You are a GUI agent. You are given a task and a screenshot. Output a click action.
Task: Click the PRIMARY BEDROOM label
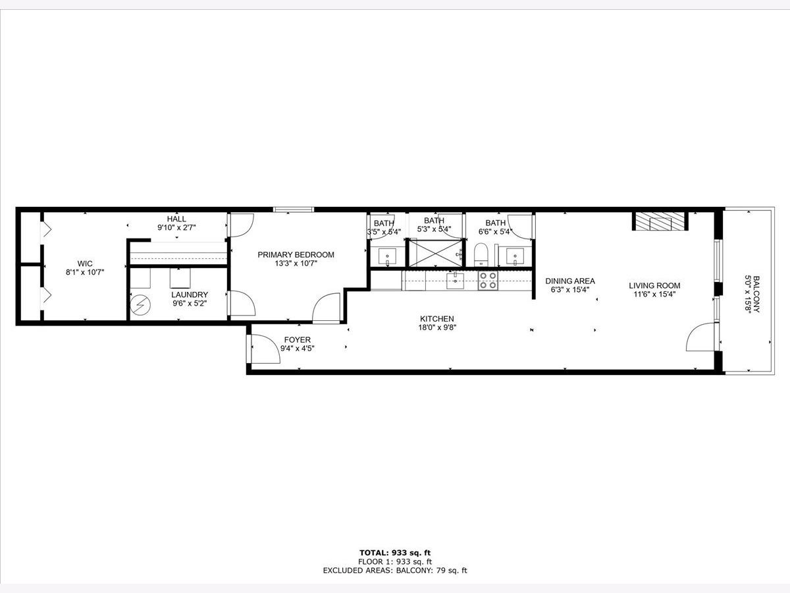pos(296,254)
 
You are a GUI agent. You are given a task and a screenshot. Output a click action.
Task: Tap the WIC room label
pos(85,264)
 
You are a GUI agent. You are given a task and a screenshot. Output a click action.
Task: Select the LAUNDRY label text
pos(190,295)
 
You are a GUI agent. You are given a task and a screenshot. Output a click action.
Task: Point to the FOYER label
pos(298,339)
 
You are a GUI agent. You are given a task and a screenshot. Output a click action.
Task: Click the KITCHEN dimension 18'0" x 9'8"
pos(437,327)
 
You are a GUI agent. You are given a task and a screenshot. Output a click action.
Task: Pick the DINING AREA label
pos(570,281)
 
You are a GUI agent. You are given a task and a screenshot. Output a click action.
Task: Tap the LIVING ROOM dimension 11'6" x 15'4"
pos(654,294)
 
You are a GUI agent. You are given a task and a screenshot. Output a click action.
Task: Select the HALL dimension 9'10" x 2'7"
pos(176,227)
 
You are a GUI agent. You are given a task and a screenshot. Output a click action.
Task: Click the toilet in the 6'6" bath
pos(480,254)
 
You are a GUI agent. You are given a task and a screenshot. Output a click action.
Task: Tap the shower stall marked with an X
pos(436,253)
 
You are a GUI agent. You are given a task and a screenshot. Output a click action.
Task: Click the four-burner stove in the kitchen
pos(488,281)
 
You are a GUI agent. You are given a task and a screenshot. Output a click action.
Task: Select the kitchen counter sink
pos(455,281)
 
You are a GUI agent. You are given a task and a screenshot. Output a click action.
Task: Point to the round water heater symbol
pos(140,305)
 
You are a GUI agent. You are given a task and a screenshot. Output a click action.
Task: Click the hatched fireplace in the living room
pos(660,221)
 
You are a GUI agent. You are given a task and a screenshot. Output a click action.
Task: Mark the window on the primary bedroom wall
pos(294,210)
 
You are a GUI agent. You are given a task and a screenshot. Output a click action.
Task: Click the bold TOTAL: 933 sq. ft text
pos(395,553)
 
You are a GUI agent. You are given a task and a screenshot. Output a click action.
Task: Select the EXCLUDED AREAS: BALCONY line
pos(395,571)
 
